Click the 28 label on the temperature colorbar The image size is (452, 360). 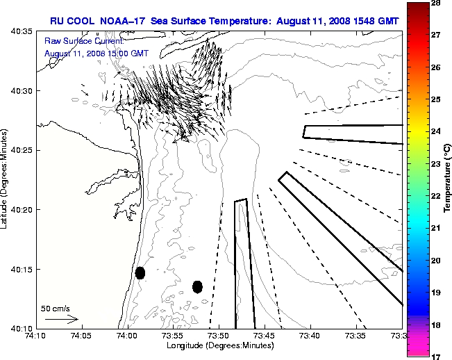coord(437,3)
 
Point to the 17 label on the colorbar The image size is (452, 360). coord(437,356)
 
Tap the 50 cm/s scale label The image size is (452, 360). coord(56,308)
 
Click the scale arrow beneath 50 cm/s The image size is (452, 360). coord(61,319)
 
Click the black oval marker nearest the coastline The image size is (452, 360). coord(140,272)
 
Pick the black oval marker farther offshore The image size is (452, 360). coord(197,286)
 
